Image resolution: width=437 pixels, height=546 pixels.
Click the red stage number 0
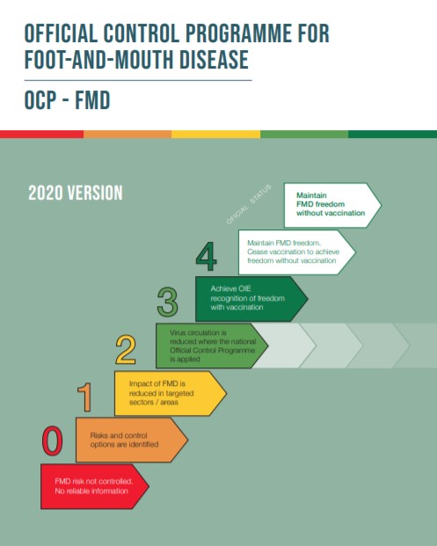(x=53, y=441)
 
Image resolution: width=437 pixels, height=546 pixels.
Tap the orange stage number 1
(x=86, y=397)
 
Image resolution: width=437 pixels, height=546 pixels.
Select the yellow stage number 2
(x=126, y=350)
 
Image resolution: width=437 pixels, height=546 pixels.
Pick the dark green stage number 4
(x=206, y=258)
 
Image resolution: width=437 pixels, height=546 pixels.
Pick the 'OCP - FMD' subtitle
(x=68, y=100)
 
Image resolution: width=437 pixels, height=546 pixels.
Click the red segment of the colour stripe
(x=41, y=135)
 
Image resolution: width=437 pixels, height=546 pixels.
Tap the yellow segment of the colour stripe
(x=215, y=135)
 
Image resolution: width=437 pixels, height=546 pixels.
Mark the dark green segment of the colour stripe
(x=392, y=135)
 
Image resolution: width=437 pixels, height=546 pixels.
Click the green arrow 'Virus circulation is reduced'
(x=208, y=346)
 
